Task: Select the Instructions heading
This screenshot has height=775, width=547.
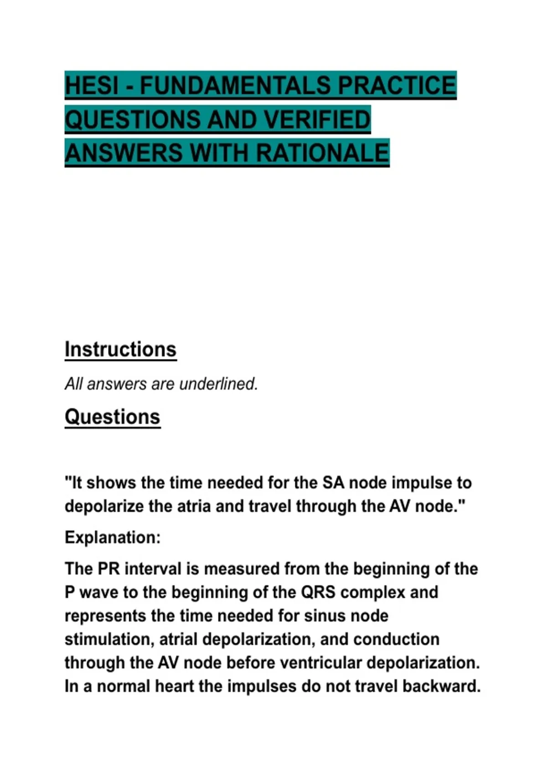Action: (120, 350)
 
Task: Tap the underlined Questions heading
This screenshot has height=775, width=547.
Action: (113, 417)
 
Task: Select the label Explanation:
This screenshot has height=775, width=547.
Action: (113, 537)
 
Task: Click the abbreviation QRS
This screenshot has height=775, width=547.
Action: (318, 592)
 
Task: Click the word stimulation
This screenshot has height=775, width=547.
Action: (108, 639)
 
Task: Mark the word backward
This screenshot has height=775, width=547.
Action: (442, 686)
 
